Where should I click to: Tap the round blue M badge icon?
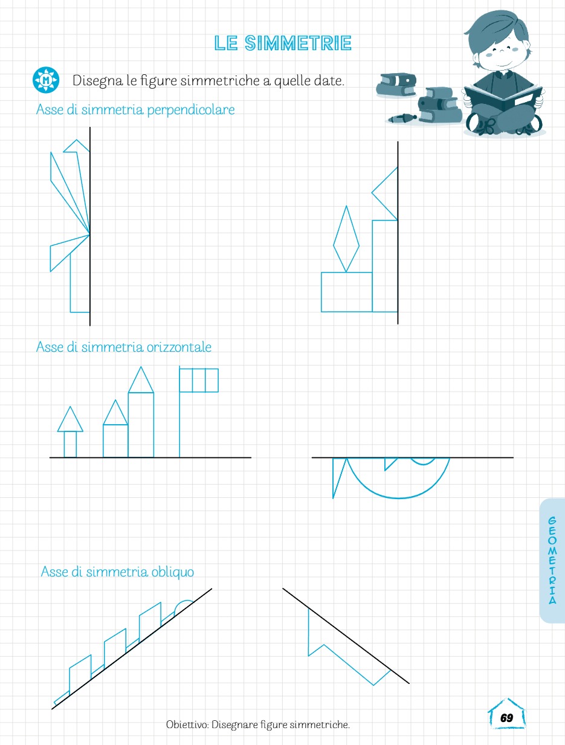[x=46, y=80]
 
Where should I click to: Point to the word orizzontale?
[x=179, y=347]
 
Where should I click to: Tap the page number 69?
[x=506, y=718]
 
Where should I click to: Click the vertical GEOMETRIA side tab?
[x=552, y=560]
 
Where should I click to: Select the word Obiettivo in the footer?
[x=187, y=725]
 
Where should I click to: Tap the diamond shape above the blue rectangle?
[x=346, y=239]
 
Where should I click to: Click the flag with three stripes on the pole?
[x=199, y=380]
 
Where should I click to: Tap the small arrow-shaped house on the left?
[x=70, y=432]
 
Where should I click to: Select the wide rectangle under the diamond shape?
[x=346, y=292]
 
